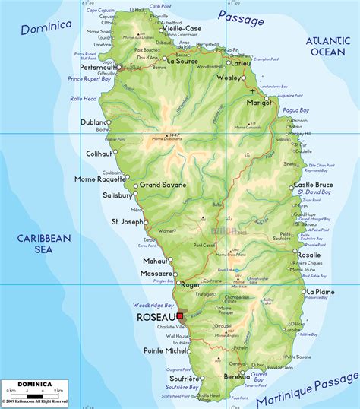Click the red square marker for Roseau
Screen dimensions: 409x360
180,316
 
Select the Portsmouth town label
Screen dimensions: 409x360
97,67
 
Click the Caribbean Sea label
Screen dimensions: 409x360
45,244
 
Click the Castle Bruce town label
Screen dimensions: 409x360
314,185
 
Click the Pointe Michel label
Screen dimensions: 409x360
165,350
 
